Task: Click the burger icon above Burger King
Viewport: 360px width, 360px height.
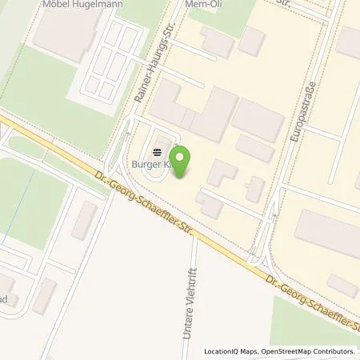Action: (x=158, y=149)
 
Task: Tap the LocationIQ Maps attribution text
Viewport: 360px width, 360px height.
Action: (x=230, y=351)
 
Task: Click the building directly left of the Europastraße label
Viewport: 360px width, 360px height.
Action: (x=258, y=120)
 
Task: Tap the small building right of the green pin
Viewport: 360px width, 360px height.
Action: (x=222, y=172)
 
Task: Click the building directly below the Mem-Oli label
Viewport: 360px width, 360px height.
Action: (x=216, y=40)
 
